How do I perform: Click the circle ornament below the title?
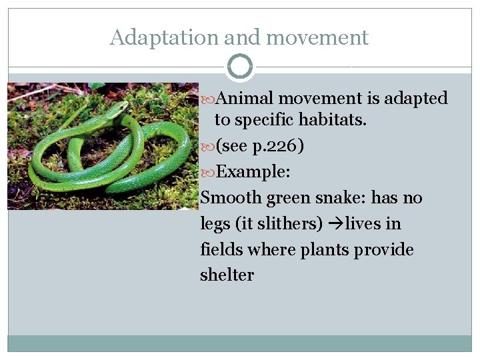[240, 67]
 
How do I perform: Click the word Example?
[253, 172]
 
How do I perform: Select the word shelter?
[227, 275]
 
